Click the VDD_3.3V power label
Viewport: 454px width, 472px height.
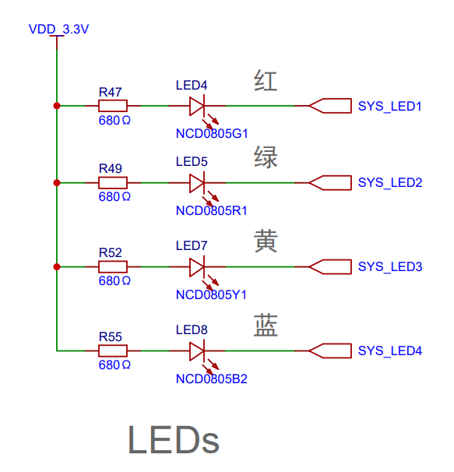58,29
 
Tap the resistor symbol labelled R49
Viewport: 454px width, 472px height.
113,183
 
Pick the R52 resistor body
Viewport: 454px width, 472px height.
113,266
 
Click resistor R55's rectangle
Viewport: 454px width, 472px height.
113,350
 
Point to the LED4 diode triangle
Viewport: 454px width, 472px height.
197,106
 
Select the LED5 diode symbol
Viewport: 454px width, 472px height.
197,183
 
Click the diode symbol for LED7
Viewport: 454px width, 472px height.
197,266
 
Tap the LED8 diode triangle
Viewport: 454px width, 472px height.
197,350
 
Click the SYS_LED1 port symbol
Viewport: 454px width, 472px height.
330,106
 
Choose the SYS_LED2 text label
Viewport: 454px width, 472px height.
390,183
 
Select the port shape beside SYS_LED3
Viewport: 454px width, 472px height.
330,266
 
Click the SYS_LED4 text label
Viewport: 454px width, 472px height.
390,350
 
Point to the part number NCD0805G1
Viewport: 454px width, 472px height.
212,134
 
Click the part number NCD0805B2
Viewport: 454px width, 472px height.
212,379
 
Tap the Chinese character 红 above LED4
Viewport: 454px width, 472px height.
266,81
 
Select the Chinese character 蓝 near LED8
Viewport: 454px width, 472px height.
266,326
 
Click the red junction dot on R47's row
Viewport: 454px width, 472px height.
57,106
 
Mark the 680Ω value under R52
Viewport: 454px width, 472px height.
114,281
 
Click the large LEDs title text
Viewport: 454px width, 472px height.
174,439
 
